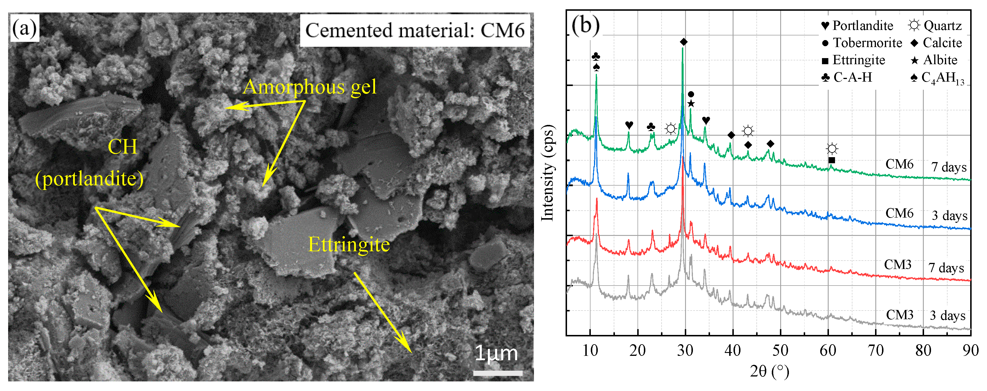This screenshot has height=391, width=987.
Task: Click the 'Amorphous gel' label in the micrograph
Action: tap(309, 87)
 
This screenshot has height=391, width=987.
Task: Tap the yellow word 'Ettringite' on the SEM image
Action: tap(349, 244)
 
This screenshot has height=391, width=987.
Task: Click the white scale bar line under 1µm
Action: tap(497, 373)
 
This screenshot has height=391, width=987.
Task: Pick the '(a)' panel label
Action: tap(24, 28)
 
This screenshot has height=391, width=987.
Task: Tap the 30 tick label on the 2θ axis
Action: tap(685, 350)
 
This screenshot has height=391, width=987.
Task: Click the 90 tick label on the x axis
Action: tap(970, 350)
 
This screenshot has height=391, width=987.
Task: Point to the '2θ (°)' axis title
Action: tap(769, 371)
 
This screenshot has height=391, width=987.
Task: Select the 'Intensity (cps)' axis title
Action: tap(547, 173)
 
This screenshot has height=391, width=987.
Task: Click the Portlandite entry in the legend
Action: tap(857, 26)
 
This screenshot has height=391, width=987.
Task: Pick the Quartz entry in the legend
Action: tap(935, 26)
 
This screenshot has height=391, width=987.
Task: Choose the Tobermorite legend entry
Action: tap(862, 43)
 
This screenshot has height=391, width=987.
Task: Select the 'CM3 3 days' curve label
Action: tap(926, 315)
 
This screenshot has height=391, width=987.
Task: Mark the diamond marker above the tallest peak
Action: tap(684, 42)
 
